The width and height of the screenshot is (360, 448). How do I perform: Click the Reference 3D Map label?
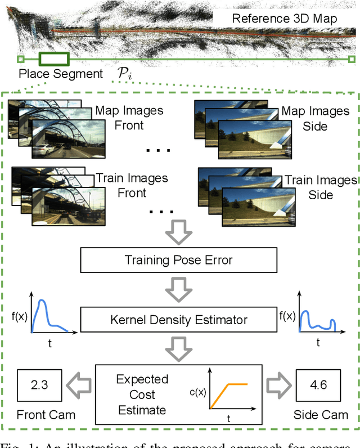285,19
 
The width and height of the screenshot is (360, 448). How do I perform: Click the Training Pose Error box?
179,261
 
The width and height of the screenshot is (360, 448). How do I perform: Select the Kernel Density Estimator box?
179,320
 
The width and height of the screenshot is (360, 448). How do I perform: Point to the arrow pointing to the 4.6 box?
278,387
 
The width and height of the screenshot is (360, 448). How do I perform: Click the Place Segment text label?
61,73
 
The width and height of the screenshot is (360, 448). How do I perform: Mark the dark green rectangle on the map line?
54,59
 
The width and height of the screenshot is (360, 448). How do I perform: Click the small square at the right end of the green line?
352,59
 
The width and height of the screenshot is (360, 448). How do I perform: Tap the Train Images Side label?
319,187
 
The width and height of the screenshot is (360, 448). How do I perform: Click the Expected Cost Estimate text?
142,395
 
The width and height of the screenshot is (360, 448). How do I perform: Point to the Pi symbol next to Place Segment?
124,73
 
